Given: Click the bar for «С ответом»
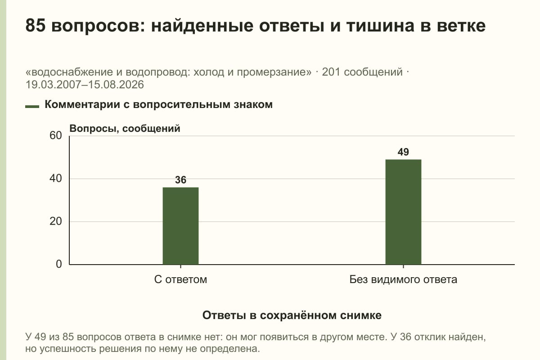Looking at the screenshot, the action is point(180,226).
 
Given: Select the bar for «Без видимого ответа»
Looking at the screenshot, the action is point(403,212).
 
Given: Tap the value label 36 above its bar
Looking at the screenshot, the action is point(180,180).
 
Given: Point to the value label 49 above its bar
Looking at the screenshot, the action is point(403,152).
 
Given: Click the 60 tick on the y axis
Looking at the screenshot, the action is point(56,135).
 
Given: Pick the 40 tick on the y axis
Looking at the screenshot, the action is point(56,179).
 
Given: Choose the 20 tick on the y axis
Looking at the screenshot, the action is point(56,221).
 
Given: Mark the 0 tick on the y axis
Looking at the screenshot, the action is point(59,264).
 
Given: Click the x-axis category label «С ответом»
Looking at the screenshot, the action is point(180,279).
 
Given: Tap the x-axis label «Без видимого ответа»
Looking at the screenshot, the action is point(403,279).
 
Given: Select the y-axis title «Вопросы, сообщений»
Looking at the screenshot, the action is point(125,129).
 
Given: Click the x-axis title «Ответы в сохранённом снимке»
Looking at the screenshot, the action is point(292,315).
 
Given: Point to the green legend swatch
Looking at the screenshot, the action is point(32,107).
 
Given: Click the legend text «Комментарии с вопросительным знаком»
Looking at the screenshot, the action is point(158,105).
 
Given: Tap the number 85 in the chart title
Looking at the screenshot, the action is point(36,25).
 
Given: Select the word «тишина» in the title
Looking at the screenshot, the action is point(381,26).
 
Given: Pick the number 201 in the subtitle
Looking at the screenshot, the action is point(331,72).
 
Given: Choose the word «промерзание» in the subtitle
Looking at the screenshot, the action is point(274,72).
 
